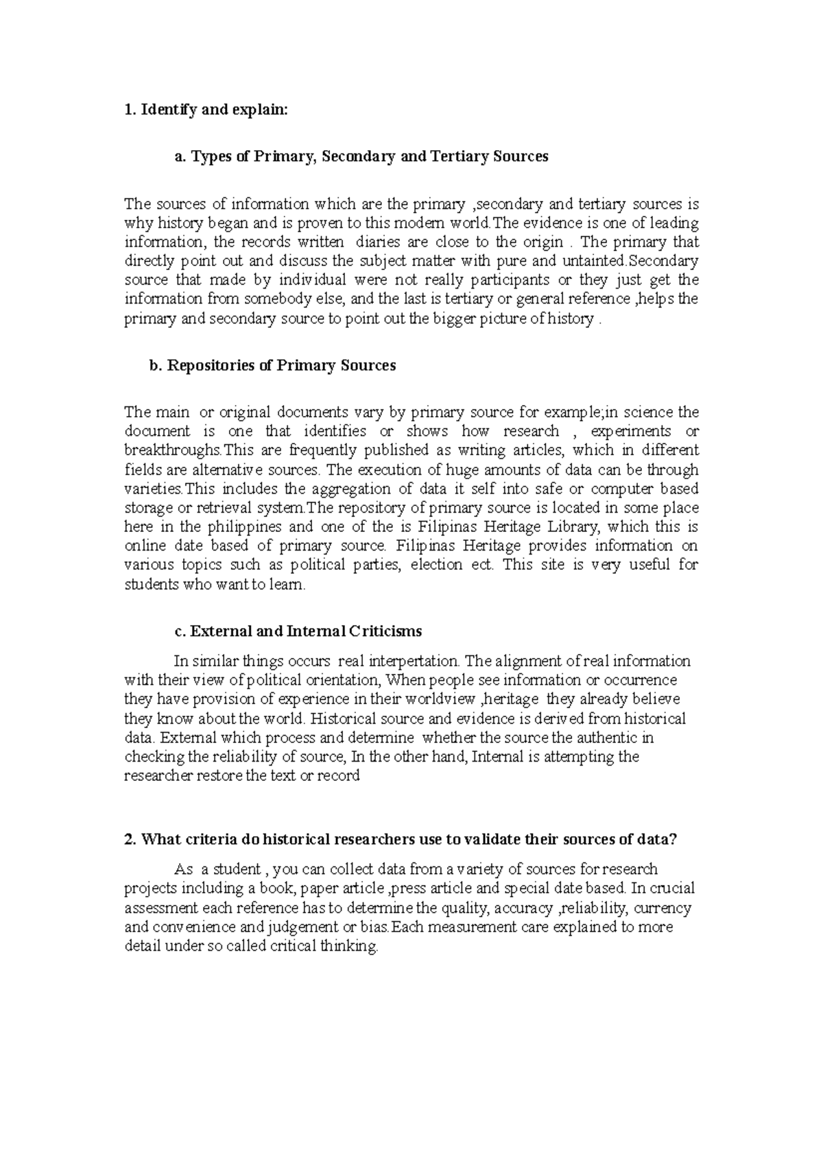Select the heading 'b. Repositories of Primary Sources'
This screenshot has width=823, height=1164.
pyautogui.click(x=272, y=365)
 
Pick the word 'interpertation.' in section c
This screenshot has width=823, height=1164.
pyautogui.click(x=414, y=662)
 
